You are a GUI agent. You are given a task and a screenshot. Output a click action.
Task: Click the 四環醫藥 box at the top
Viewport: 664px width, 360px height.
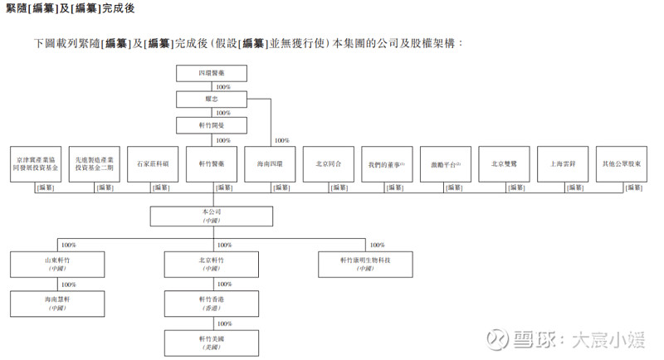click(x=212, y=74)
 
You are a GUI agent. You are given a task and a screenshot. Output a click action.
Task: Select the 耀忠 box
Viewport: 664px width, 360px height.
click(x=212, y=100)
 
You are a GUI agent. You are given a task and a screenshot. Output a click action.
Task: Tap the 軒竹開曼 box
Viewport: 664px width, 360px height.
click(x=212, y=126)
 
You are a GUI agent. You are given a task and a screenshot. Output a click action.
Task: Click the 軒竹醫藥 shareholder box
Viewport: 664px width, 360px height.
click(x=212, y=164)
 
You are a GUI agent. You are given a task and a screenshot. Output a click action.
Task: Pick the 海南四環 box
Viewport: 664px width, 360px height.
click(x=270, y=164)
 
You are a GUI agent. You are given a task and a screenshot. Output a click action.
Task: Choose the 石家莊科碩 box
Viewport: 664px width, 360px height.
click(x=153, y=164)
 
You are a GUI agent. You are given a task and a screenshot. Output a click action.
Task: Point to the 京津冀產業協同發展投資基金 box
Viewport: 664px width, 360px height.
click(x=36, y=164)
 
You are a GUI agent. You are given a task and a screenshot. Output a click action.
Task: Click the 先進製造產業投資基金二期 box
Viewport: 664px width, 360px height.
click(x=94, y=164)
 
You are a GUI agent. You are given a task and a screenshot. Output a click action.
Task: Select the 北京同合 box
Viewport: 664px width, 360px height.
click(x=329, y=164)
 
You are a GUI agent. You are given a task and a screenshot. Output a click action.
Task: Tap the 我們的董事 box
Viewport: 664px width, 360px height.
click(x=387, y=164)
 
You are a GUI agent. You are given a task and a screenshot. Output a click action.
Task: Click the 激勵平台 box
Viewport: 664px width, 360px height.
click(x=446, y=164)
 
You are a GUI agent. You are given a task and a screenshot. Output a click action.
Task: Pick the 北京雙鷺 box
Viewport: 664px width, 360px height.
click(x=504, y=164)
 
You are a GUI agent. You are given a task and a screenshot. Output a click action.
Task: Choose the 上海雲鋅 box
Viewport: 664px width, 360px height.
click(x=563, y=164)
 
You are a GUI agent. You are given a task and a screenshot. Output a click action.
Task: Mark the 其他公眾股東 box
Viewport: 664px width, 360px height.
click(x=622, y=164)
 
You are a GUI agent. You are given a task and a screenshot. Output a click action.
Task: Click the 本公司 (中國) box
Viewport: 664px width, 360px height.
click(x=212, y=216)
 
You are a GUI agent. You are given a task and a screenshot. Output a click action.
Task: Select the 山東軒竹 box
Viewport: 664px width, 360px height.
click(x=57, y=265)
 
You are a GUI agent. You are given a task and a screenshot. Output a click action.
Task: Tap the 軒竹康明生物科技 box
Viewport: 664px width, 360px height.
click(x=365, y=265)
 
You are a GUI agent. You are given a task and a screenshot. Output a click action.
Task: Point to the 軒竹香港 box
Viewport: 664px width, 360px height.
click(x=212, y=303)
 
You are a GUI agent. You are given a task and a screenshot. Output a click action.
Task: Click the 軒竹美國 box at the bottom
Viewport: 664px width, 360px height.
click(x=212, y=341)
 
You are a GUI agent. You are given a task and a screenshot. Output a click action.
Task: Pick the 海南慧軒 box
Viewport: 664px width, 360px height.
click(x=57, y=303)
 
